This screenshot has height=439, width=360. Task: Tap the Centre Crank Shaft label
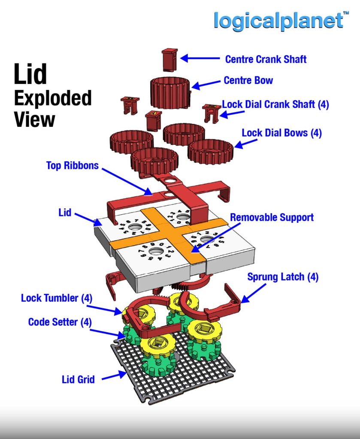pyautogui.click(x=266, y=59)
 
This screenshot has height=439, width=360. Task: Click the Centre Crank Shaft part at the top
pyautogui.click(x=170, y=60)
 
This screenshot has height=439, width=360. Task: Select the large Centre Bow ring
pyautogui.click(x=171, y=93)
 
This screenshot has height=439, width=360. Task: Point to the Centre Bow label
pyautogui.click(x=248, y=80)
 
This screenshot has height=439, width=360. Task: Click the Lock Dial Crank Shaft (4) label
pyautogui.click(x=275, y=105)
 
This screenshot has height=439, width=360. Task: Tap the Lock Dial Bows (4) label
pyautogui.click(x=281, y=133)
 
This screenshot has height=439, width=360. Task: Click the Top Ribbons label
pyautogui.click(x=72, y=165)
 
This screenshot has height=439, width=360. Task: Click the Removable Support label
pyautogui.click(x=272, y=217)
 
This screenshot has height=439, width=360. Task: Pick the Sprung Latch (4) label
pyautogui.click(x=283, y=277)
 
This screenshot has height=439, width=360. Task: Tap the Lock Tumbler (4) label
pyautogui.click(x=57, y=298)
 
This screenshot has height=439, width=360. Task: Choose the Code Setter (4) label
pyautogui.click(x=60, y=322)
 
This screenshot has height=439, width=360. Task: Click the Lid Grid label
pyautogui.click(x=78, y=380)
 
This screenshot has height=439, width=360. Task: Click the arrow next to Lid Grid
pyautogui.click(x=114, y=376)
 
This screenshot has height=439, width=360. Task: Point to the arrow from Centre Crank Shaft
pyautogui.click(x=200, y=58)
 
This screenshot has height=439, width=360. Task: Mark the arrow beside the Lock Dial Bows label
pyautogui.click(x=246, y=143)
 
